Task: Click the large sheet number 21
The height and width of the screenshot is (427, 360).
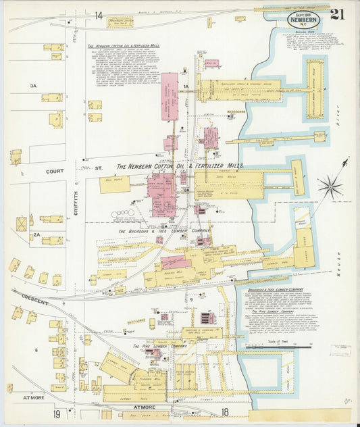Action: [x=337, y=14]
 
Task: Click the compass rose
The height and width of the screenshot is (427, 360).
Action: [x=331, y=184]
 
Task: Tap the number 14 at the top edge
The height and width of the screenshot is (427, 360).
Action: [x=99, y=15]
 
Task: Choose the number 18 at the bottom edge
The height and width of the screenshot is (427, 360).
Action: [x=225, y=411]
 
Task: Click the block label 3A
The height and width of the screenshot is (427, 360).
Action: [x=32, y=86]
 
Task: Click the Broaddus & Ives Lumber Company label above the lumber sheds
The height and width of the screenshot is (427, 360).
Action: [x=155, y=231]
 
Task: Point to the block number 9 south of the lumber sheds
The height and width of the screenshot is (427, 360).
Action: [x=192, y=299]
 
